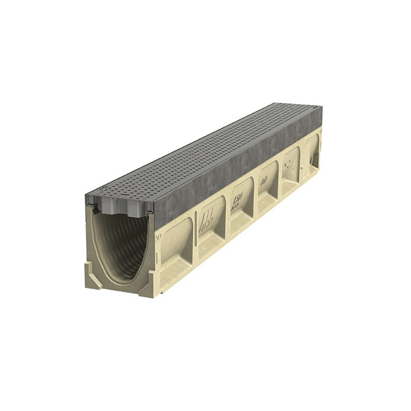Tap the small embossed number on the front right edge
point(158,237)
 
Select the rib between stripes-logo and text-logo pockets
point(227,215)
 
